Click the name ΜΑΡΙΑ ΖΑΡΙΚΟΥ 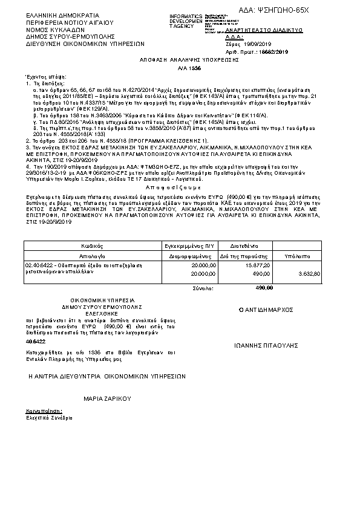(x=107, y=399)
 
